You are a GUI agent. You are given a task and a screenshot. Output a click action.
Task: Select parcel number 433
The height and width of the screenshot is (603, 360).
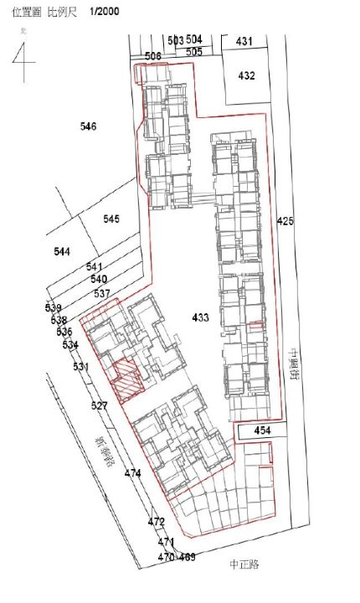(x=200, y=317)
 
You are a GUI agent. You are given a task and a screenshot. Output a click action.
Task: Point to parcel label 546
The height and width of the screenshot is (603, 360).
(x=88, y=126)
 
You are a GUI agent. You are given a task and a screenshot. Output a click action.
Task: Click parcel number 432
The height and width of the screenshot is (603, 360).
(x=245, y=75)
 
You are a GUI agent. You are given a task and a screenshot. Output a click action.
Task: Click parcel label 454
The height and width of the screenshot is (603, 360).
(x=263, y=430)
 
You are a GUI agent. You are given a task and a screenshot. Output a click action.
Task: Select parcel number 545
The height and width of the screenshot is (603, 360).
(x=111, y=219)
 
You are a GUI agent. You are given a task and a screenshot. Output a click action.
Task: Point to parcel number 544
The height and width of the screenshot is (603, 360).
(x=61, y=251)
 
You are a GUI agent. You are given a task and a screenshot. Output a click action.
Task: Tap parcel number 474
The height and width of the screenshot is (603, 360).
(x=132, y=474)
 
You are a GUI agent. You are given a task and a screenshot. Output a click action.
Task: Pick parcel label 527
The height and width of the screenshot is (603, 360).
(x=99, y=405)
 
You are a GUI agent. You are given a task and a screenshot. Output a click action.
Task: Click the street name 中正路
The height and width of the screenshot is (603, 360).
(x=244, y=564)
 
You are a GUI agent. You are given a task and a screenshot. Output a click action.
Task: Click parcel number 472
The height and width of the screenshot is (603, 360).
(x=157, y=521)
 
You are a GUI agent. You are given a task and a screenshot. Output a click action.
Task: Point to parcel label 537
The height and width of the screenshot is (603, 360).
(x=102, y=293)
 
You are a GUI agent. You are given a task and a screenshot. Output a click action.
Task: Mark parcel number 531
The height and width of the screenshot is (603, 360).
(x=80, y=367)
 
